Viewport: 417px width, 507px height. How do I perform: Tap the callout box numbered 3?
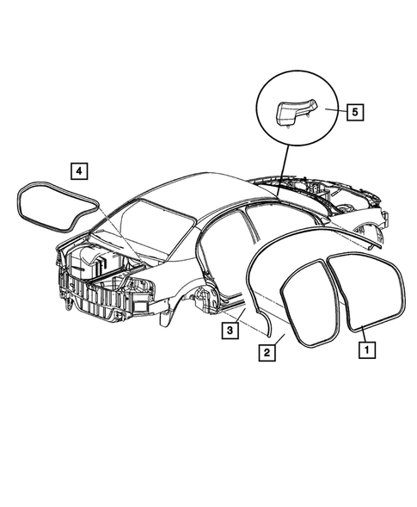230,328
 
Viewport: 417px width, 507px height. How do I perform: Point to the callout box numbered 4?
77,170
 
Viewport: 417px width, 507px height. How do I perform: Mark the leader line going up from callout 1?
360,331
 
